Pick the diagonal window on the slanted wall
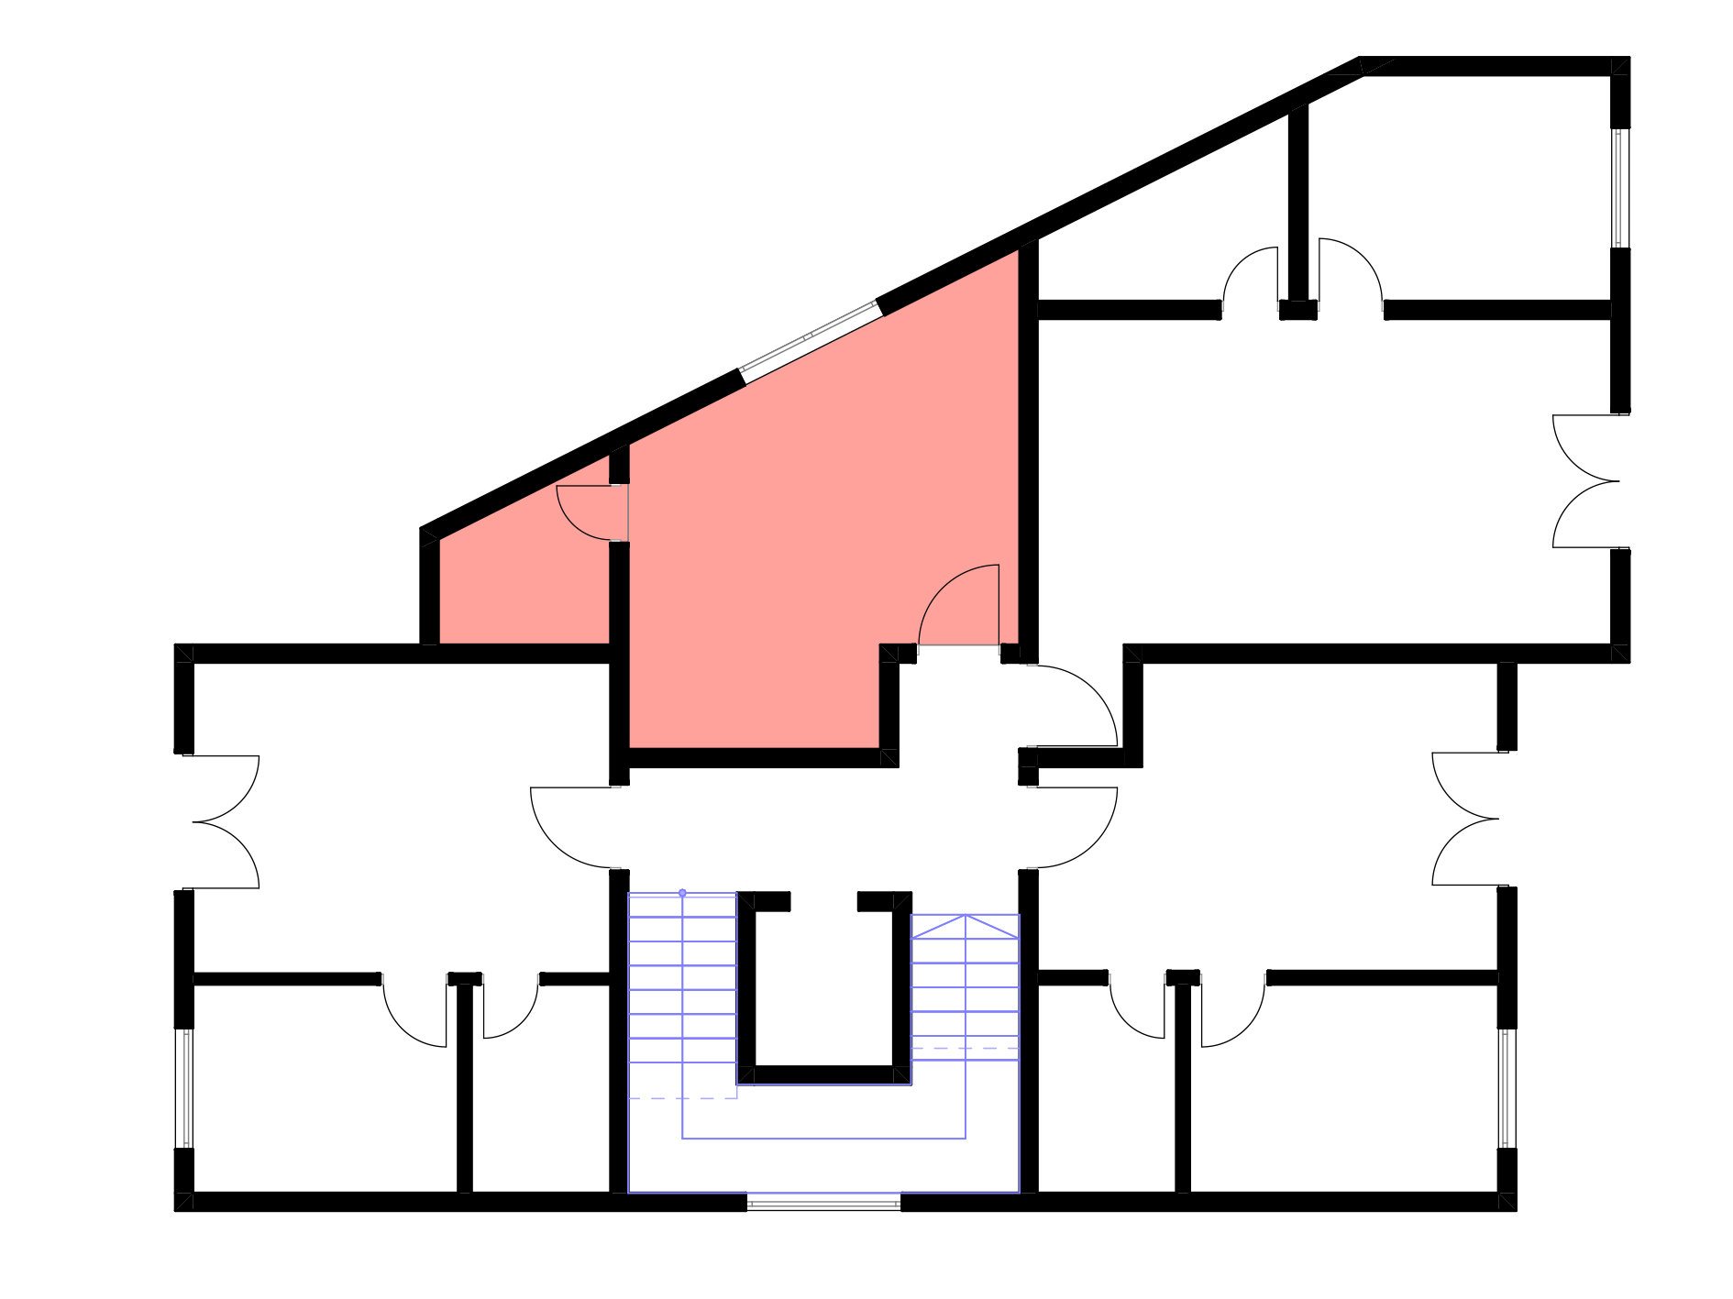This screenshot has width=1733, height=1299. pos(811,341)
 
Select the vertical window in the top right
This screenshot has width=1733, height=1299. pos(1620,188)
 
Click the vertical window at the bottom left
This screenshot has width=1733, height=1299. pos(184,1088)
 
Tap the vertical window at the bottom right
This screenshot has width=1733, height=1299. pos(1507,1088)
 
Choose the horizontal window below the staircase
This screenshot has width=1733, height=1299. pos(823,1202)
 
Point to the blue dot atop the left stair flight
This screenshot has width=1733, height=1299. pos(682,893)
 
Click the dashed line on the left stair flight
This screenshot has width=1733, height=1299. pos(682,1098)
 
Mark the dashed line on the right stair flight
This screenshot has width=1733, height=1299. pos(965,1048)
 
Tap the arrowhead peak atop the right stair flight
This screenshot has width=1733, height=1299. pos(965,916)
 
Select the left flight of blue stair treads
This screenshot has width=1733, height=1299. pos(682,990)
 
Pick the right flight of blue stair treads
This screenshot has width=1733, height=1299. pos(965,990)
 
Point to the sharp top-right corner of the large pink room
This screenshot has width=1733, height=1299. pos(1016,253)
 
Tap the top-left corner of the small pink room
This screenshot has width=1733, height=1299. pos(442,541)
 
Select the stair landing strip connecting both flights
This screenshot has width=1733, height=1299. pos(823,1111)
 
